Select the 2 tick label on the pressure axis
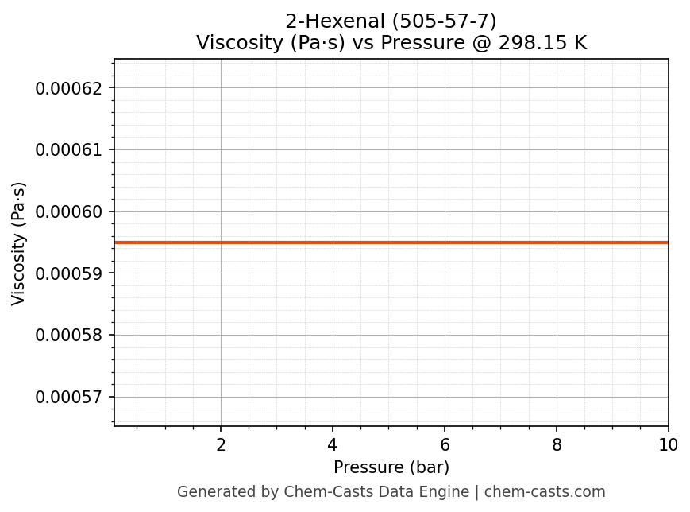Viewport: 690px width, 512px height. tap(221, 445)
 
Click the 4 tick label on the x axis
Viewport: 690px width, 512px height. tap(333, 445)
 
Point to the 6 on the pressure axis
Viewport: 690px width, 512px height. tap(445, 445)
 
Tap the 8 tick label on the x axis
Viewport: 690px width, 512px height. tap(557, 445)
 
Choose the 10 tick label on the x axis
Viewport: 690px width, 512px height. tap(668, 445)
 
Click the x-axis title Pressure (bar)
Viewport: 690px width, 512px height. tap(391, 467)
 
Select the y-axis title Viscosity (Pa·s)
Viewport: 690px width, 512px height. tap(19, 243)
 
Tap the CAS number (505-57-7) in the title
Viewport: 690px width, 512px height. tap(444, 21)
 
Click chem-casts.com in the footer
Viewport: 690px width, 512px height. tap(545, 492)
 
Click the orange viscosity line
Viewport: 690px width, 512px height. tap(391, 242)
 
